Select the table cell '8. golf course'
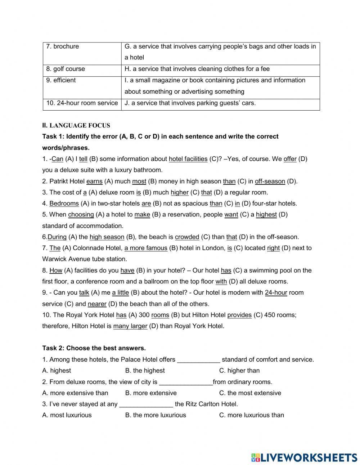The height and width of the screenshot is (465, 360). click(x=66, y=69)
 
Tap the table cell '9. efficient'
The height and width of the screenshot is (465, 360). click(x=61, y=80)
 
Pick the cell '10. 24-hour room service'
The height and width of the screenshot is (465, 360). click(x=82, y=103)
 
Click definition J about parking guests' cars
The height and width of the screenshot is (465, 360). click(x=190, y=103)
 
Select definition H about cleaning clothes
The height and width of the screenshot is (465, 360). click(x=197, y=69)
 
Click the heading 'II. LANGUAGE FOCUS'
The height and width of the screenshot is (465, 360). click(x=76, y=125)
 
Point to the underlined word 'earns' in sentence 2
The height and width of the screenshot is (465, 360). click(x=94, y=181)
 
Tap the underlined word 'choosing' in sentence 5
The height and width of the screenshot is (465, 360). click(x=81, y=215)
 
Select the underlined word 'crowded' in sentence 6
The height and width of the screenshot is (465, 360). click(x=187, y=237)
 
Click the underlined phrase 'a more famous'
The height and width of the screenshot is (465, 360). click(x=146, y=248)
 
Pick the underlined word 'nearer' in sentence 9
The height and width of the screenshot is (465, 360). click(x=97, y=304)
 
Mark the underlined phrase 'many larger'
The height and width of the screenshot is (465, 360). click(x=130, y=326)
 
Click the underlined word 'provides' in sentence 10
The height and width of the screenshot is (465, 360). click(x=239, y=315)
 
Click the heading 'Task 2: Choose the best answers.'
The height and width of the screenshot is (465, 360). click(x=94, y=348)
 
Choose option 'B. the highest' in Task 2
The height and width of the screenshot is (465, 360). click(x=145, y=370)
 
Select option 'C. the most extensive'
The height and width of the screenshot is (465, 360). click(x=250, y=393)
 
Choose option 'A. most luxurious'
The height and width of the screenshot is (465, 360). click(x=67, y=415)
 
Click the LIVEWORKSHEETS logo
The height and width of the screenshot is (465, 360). click(x=304, y=457)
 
